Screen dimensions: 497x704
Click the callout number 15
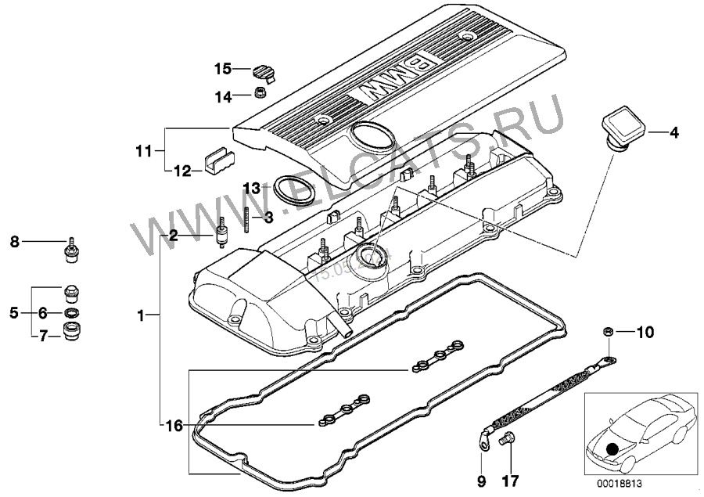tap(223, 69)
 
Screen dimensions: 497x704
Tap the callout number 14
tap(223, 96)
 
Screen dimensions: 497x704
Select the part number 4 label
tap(673, 133)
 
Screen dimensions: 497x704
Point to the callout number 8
tap(13, 243)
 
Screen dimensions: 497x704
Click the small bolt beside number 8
tap(71, 247)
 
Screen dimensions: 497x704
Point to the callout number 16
tap(174, 426)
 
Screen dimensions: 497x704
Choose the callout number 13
tap(251, 188)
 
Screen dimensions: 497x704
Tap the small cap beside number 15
tap(264, 71)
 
